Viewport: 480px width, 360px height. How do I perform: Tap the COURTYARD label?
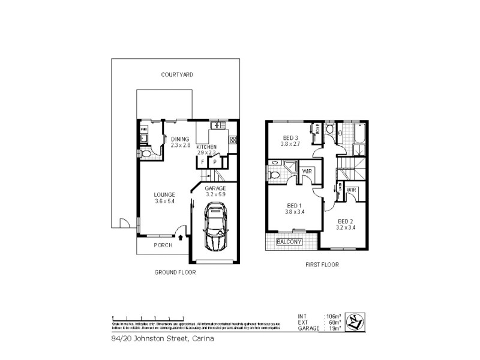(x=176, y=75)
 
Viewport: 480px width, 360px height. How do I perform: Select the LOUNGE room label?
(x=164, y=194)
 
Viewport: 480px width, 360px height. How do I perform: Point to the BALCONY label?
(x=289, y=242)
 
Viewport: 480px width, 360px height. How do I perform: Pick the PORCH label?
(x=163, y=245)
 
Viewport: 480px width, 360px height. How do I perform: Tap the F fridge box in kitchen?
(x=203, y=162)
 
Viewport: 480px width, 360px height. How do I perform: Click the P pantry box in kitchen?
(x=214, y=162)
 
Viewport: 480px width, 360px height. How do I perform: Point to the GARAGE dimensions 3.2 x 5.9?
(x=215, y=194)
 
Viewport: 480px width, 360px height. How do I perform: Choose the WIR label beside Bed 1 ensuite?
(x=307, y=172)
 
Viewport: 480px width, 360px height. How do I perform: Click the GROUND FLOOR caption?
(x=175, y=272)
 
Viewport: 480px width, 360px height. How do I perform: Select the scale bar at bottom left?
(x=144, y=318)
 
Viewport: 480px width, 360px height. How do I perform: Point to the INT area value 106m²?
(x=332, y=316)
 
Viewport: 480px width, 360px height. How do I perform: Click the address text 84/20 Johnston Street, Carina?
(x=162, y=338)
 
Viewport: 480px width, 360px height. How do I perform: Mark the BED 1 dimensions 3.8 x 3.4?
(x=295, y=212)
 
